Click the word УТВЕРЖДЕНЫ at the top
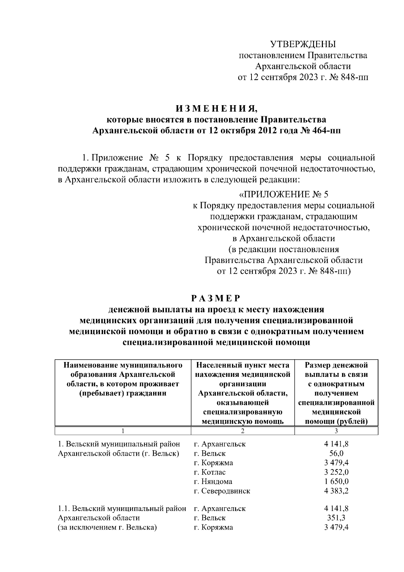click(303, 44)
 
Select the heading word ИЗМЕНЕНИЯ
click(216, 109)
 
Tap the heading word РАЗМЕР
click(216, 298)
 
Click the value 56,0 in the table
click(336, 453)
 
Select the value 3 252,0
click(336, 472)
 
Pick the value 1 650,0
click(336, 481)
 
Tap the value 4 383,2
click(336, 491)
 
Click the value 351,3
click(336, 518)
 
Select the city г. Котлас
click(210, 472)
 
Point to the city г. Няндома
click(213, 481)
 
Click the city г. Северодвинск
click(222, 491)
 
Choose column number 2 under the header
click(242, 431)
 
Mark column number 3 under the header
click(336, 431)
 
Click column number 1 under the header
click(123, 431)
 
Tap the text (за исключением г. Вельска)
click(107, 527)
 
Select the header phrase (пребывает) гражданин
click(123, 393)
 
